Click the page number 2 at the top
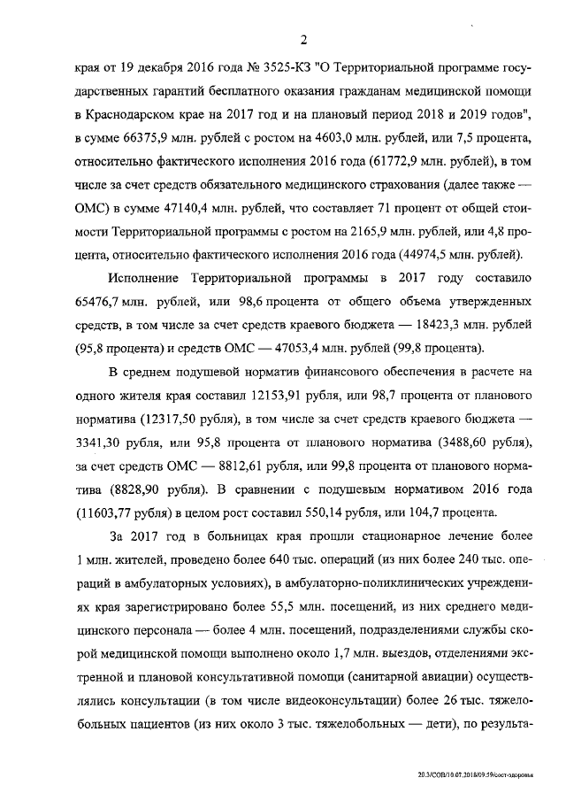pyautogui.click(x=303, y=39)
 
